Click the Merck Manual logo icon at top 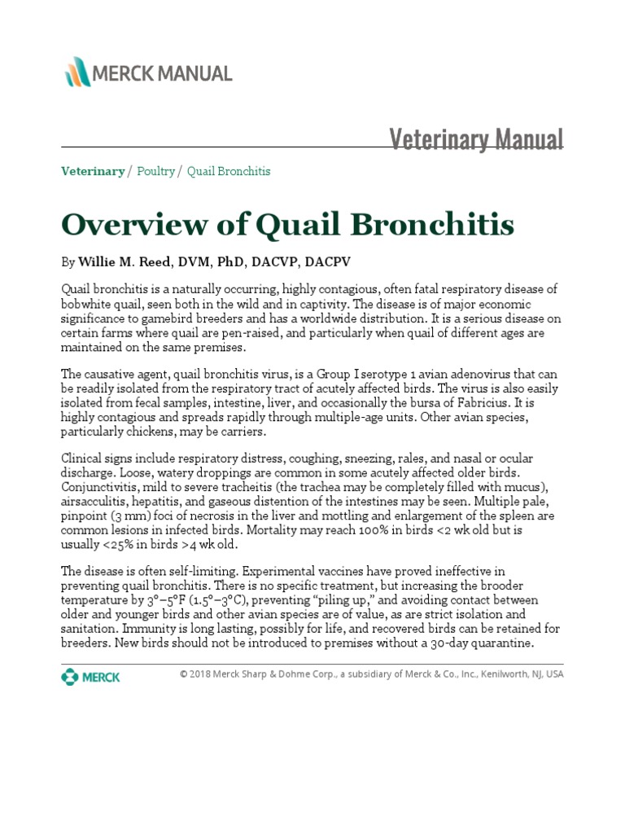pyautogui.click(x=78, y=72)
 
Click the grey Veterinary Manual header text pyautogui.click(x=476, y=139)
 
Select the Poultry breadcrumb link pyautogui.click(x=155, y=171)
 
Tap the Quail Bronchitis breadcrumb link pyautogui.click(x=229, y=171)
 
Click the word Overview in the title pyautogui.click(x=129, y=223)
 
